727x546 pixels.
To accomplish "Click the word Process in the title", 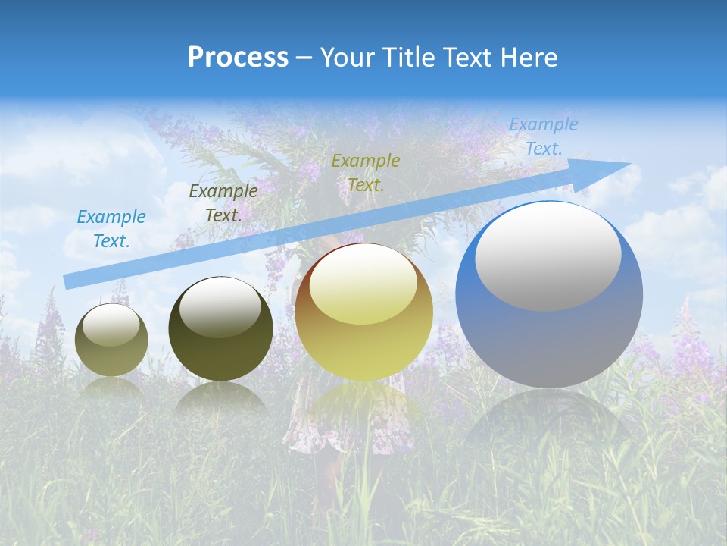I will (x=238, y=58).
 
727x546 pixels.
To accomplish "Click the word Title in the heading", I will (x=409, y=58).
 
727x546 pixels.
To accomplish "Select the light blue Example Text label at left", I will (x=111, y=229).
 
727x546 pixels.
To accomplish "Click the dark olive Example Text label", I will (x=223, y=203).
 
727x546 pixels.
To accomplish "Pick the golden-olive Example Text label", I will (x=366, y=173).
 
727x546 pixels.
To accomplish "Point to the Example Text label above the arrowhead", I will (x=543, y=136).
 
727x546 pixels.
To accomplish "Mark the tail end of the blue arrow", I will (x=65, y=282).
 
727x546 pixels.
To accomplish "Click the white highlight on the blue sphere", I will (x=548, y=256).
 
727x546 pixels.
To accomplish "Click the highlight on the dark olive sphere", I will (x=220, y=307).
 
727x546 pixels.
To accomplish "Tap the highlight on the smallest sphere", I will (x=111, y=325).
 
